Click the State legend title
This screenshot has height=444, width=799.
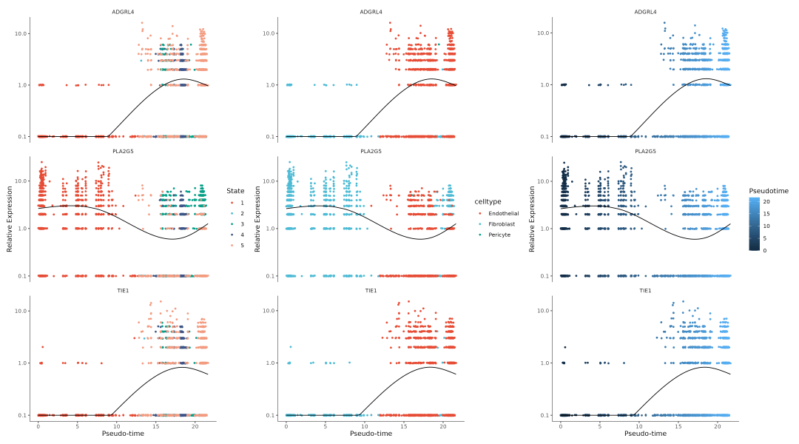235,191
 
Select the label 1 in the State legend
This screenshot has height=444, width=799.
242,202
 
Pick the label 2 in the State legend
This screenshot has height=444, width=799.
242,213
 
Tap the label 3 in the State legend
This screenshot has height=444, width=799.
242,223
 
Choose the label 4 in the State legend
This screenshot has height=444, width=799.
242,235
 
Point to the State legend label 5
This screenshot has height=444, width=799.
242,245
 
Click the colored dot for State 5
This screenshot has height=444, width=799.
231,245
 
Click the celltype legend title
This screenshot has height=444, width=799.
488,202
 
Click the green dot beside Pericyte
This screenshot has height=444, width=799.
479,235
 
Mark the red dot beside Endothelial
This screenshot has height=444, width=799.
479,213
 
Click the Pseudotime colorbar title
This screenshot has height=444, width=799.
768,191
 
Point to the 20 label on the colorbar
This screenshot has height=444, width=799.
766,201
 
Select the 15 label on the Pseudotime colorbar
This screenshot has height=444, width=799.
766,214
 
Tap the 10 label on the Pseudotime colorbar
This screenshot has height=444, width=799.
766,226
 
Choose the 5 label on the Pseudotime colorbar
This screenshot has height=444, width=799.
765,238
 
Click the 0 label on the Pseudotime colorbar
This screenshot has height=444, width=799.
765,250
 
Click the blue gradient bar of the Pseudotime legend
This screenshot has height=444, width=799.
754,224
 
